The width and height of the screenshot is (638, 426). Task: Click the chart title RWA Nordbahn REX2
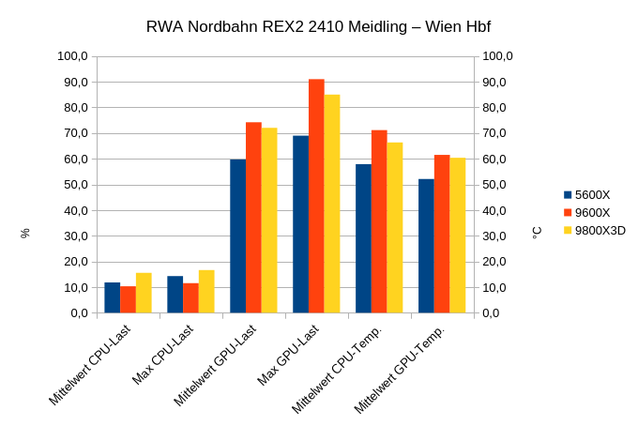click(x=318, y=26)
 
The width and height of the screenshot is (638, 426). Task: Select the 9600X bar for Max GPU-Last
click(x=316, y=196)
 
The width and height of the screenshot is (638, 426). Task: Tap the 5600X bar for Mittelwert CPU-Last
click(x=113, y=297)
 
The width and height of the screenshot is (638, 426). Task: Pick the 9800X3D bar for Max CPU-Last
click(x=206, y=292)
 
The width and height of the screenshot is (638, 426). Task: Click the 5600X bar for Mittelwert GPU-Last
click(x=237, y=236)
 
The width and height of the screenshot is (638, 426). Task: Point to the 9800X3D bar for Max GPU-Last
click(x=332, y=204)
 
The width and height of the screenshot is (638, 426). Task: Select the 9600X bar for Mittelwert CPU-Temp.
click(x=379, y=221)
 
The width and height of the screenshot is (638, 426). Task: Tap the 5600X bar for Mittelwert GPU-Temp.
click(x=426, y=246)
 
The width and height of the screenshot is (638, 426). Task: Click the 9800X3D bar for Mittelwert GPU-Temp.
click(x=458, y=236)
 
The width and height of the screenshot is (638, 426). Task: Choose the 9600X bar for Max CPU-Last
click(x=190, y=298)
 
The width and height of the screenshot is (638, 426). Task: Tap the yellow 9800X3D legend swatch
click(x=568, y=230)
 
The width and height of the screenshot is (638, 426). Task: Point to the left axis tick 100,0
click(x=72, y=56)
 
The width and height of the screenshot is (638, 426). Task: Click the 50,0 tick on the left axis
click(x=75, y=185)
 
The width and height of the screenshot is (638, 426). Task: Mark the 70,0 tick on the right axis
click(x=497, y=133)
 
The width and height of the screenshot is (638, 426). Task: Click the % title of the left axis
click(x=25, y=233)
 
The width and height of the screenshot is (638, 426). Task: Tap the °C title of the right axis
click(x=537, y=232)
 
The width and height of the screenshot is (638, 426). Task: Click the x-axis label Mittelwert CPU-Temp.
click(x=339, y=368)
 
